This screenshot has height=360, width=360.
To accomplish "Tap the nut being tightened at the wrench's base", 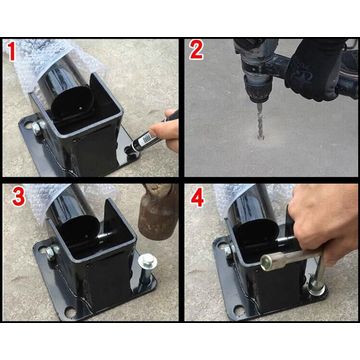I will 318,290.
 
